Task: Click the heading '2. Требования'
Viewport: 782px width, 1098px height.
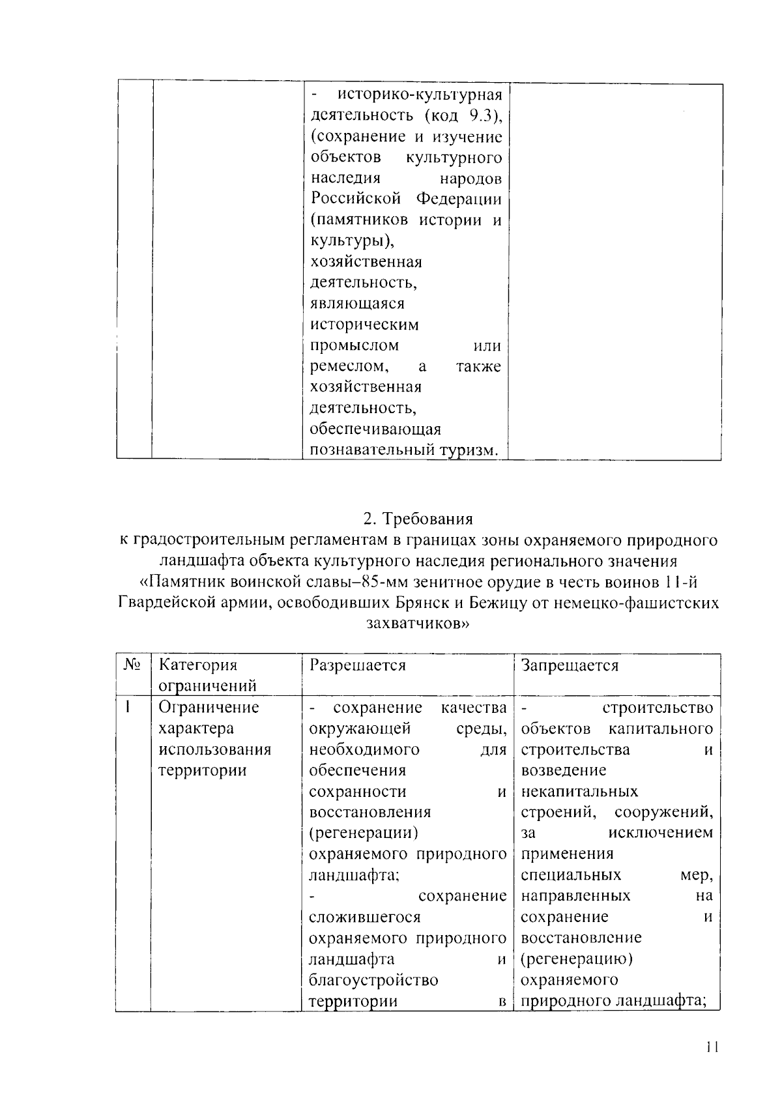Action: pos(418,519)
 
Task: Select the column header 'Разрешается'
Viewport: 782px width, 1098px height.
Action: pos(357,665)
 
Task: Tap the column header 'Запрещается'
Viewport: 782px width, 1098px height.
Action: pos(570,665)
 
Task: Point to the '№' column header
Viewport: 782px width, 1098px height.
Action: pos(132,665)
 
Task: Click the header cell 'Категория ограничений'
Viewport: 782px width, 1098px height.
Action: pos(207,675)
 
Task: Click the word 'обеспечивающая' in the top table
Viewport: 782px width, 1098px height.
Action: pos(375,429)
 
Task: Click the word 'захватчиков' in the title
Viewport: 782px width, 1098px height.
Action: pos(417,623)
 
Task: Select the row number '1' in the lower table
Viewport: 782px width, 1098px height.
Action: pos(128,707)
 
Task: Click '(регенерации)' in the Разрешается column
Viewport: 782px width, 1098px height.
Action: pos(363,833)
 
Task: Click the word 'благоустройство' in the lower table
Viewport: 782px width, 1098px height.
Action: pos(373,979)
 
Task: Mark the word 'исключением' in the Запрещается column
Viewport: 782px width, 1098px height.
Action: pos(660,833)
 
